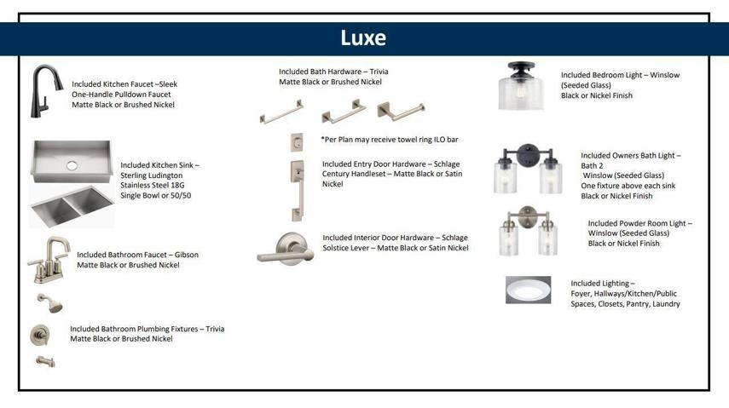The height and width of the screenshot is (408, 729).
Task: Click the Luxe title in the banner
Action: (x=363, y=38)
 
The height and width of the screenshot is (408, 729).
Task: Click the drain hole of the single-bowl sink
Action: (x=72, y=165)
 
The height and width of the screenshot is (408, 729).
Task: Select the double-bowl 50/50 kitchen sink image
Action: (x=72, y=206)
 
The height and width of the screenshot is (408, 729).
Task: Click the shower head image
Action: (x=50, y=303)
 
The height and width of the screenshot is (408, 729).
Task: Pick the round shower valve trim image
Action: (x=40, y=335)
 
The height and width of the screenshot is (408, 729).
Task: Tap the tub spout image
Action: (x=45, y=361)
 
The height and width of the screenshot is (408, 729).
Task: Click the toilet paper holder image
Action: (x=401, y=111)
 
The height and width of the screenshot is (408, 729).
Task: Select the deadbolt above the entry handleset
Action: (x=297, y=142)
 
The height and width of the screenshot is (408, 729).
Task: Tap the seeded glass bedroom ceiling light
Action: (x=521, y=86)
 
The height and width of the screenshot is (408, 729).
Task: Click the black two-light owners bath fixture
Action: (x=528, y=168)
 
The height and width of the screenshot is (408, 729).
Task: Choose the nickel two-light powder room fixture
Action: (x=528, y=231)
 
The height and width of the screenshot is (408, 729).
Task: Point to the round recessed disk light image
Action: (x=528, y=290)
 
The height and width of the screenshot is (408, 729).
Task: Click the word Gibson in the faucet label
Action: (x=187, y=255)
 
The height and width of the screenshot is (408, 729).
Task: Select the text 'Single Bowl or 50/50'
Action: (x=156, y=196)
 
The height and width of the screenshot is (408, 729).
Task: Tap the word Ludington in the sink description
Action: (x=167, y=175)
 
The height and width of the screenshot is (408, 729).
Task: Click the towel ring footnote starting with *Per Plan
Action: (x=390, y=140)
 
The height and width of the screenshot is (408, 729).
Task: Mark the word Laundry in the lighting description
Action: (x=666, y=304)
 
